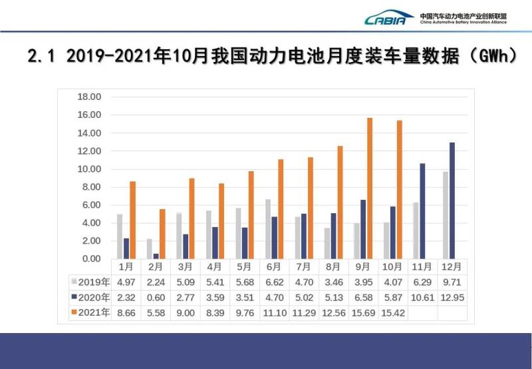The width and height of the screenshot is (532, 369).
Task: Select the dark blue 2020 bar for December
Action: coord(452,200)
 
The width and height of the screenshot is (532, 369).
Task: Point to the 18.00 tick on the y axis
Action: coord(88,97)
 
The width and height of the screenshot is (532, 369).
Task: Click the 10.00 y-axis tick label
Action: coord(88,169)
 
